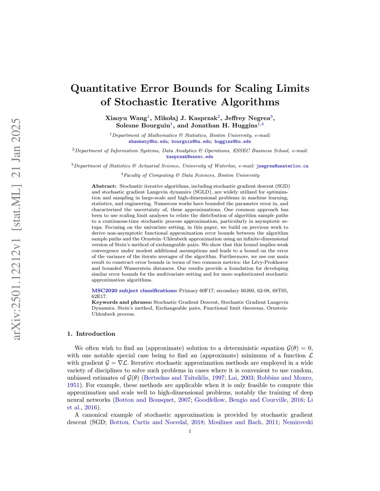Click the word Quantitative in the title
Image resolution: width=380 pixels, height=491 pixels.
coord(104,89)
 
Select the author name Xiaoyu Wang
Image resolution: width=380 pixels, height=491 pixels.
coord(126,118)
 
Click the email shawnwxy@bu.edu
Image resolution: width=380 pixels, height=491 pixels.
coord(148,142)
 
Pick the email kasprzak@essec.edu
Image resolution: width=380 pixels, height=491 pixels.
coord(190,157)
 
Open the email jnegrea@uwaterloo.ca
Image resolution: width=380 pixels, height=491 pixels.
coord(282,166)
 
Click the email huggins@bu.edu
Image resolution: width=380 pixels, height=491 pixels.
coord(233,142)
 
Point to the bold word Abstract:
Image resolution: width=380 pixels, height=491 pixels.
coord(104,186)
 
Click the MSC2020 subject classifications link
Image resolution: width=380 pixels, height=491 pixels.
coord(134,291)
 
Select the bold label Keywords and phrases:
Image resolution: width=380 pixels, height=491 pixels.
coord(122,302)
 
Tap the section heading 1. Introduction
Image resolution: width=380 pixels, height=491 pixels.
coord(91,334)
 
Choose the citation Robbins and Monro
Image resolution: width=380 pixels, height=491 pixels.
coord(285,378)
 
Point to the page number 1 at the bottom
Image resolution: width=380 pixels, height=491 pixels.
coord(190,431)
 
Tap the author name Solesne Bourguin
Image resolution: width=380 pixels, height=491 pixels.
coord(143,126)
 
